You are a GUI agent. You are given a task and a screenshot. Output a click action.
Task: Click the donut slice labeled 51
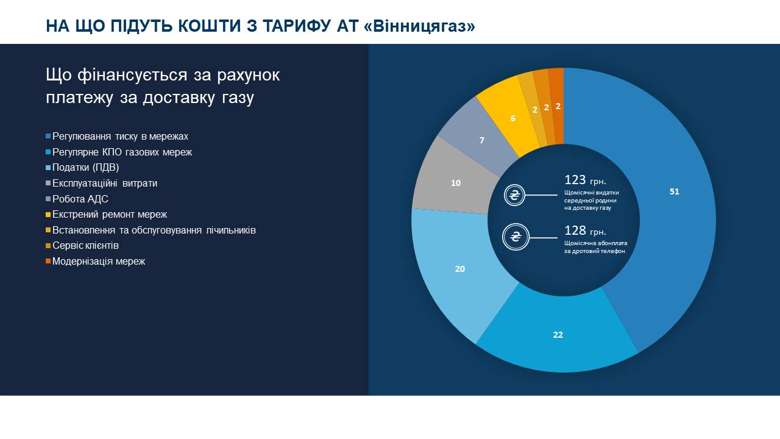click(673, 191)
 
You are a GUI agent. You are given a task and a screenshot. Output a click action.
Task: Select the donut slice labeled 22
click(558, 335)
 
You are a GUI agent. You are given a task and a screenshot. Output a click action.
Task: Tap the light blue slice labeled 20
click(460, 268)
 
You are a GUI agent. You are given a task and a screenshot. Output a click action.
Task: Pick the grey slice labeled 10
click(455, 182)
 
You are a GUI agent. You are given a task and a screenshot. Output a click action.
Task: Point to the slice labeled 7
click(481, 140)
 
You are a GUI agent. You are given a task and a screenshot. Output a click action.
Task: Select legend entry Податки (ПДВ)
click(85, 168)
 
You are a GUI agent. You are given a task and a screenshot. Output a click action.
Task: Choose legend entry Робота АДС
click(80, 199)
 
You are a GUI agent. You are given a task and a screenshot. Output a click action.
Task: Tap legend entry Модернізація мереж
click(99, 262)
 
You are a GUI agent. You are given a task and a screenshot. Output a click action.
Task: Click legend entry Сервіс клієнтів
click(85, 246)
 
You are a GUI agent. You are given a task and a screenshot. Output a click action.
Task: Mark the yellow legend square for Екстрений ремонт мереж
click(48, 215)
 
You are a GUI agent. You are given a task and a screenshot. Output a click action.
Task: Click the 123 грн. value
click(585, 180)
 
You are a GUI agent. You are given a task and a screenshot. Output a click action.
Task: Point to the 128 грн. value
click(585, 231)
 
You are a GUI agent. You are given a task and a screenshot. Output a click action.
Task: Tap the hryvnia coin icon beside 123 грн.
click(515, 196)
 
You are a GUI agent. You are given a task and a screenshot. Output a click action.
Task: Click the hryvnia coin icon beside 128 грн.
click(515, 238)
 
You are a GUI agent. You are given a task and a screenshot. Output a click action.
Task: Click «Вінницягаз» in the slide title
click(422, 26)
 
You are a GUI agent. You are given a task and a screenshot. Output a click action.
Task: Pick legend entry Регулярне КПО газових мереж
click(122, 152)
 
